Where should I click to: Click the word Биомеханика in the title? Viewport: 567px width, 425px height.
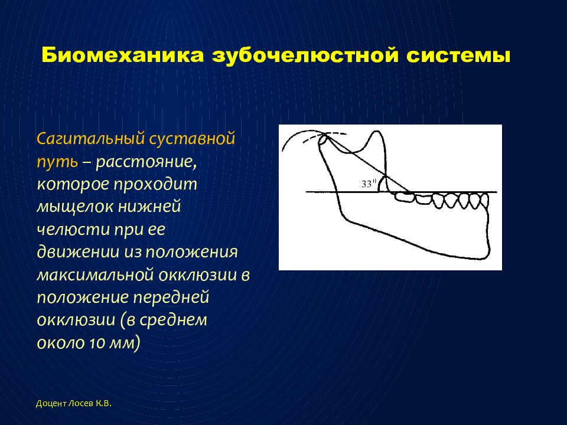[x=122, y=55]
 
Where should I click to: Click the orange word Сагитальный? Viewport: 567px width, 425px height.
[x=90, y=139]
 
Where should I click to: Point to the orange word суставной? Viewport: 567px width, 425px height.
[x=193, y=139]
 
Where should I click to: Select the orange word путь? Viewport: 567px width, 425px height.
[x=57, y=162]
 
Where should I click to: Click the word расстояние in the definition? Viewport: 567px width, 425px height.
[x=146, y=162]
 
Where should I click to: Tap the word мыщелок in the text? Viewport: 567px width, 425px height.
[x=75, y=207]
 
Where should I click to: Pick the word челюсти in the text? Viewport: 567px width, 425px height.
[x=73, y=230]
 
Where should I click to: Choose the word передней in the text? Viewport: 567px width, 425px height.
[x=171, y=297]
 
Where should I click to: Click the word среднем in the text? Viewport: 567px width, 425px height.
[x=173, y=320]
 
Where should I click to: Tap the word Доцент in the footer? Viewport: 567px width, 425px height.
[x=51, y=404]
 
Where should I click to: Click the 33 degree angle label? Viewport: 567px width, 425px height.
[x=368, y=184]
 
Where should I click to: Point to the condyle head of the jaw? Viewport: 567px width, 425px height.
[x=324, y=139]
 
